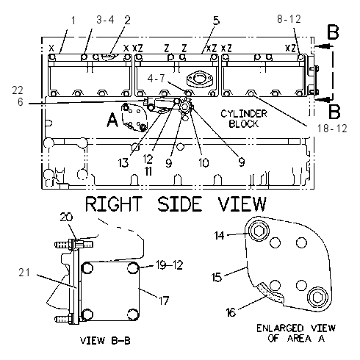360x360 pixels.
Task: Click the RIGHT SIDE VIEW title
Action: pyautogui.click(x=176, y=204)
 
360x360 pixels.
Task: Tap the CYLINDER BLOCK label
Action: pyautogui.click(x=244, y=119)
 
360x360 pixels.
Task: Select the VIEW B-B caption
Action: pyautogui.click(x=105, y=340)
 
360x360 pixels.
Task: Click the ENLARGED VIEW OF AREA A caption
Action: pyautogui.click(x=296, y=333)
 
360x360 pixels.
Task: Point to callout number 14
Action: pyautogui.click(x=219, y=236)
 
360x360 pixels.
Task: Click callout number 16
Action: pyautogui.click(x=231, y=312)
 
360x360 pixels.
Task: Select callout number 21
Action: pyautogui.click(x=24, y=273)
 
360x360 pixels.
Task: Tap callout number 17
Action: pyautogui.click(x=164, y=300)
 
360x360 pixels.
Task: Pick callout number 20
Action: pyautogui.click(x=66, y=217)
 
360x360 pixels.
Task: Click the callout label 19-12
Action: pyautogui.click(x=170, y=265)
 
